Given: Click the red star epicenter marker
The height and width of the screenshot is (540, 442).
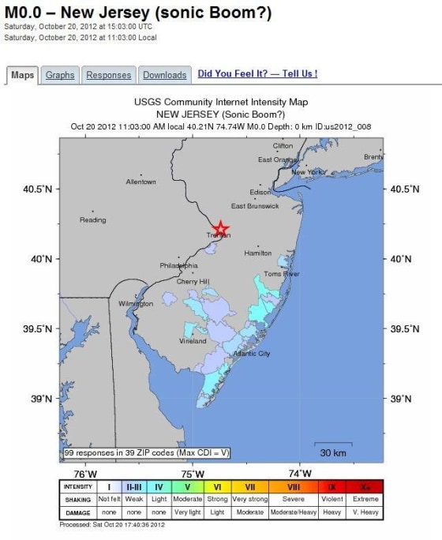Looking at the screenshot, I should coord(221,229).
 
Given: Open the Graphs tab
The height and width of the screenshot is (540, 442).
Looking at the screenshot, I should coord(60,75).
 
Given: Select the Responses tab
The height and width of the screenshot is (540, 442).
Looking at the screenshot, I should coord(108,75).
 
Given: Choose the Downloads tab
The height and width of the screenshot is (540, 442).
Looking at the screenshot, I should coord(165,75).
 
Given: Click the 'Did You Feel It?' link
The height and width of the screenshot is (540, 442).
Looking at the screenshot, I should coord(257,74).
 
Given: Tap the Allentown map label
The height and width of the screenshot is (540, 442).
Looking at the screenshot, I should coord(140,182).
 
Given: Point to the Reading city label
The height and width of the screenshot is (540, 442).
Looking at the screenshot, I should coord(92,219).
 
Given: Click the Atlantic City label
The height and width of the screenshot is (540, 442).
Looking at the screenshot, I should coord(252,354).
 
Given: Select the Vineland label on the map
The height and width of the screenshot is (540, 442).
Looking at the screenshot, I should coord(193,341).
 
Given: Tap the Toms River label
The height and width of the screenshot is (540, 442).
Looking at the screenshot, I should coord(282,274).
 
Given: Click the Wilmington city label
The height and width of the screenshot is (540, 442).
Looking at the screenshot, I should coord(135,303).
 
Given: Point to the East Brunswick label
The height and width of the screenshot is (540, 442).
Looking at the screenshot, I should coord(255,206).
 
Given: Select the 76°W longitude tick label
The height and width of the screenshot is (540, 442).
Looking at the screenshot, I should coord(84,474).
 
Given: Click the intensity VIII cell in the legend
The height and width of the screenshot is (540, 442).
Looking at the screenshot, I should coord(294,487).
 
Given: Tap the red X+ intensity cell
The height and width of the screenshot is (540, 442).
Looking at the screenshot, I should coord(365,487).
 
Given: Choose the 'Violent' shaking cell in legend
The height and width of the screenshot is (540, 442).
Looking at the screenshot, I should coord(331,500).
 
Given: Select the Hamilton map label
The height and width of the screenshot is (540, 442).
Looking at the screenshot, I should coord(257,253).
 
